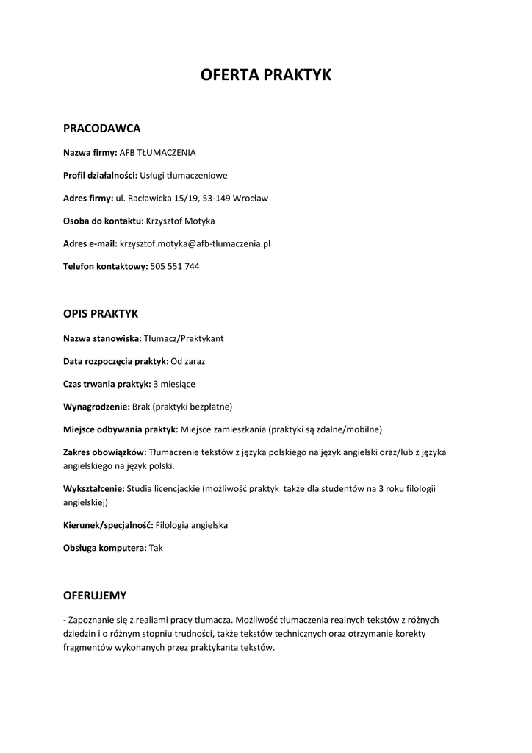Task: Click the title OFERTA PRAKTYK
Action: pyautogui.click(x=266, y=75)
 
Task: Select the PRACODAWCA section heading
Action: pyautogui.click(x=101, y=129)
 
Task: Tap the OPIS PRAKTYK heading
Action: pyautogui.click(x=101, y=314)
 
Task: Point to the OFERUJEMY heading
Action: pyautogui.click(x=95, y=596)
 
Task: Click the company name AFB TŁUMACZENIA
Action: pyautogui.click(x=157, y=153)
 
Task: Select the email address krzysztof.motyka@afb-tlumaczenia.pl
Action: pyautogui.click(x=195, y=243)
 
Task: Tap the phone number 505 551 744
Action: pyautogui.click(x=174, y=266)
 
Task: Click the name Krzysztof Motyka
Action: pyautogui.click(x=180, y=221)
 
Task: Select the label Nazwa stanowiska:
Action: pyautogui.click(x=102, y=338)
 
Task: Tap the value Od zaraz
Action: pyautogui.click(x=188, y=361)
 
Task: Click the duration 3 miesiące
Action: pyautogui.click(x=174, y=384)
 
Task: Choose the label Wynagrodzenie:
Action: pyautogui.click(x=96, y=407)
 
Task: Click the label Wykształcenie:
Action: pyautogui.click(x=94, y=488)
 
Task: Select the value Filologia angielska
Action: pyautogui.click(x=192, y=525)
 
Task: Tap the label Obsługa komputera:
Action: pyautogui.click(x=105, y=548)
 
